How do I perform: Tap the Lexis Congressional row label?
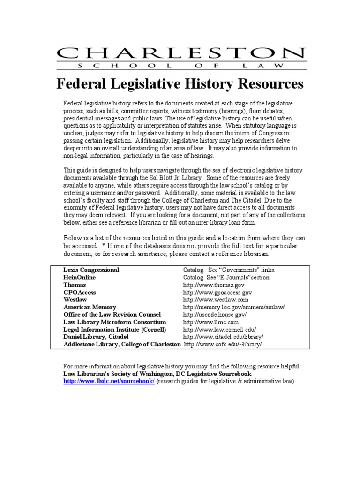(91, 270)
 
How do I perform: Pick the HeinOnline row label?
(80, 277)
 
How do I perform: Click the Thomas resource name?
(75, 285)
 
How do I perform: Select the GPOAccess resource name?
(80, 292)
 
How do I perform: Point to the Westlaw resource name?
(76, 300)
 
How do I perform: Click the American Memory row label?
(90, 307)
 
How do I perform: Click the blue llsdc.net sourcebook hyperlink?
(109, 382)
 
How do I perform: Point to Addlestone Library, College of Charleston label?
(122, 345)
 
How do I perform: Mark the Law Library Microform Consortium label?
(115, 322)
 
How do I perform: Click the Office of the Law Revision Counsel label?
(112, 315)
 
